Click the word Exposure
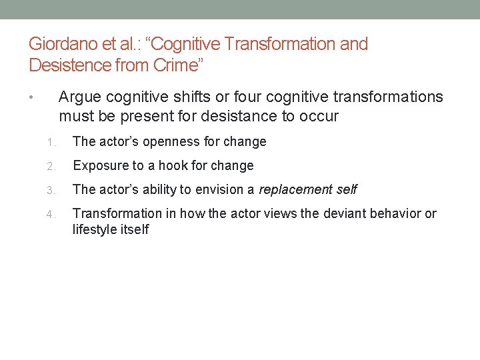(99, 166)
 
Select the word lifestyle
(95, 230)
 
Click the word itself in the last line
(135, 230)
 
